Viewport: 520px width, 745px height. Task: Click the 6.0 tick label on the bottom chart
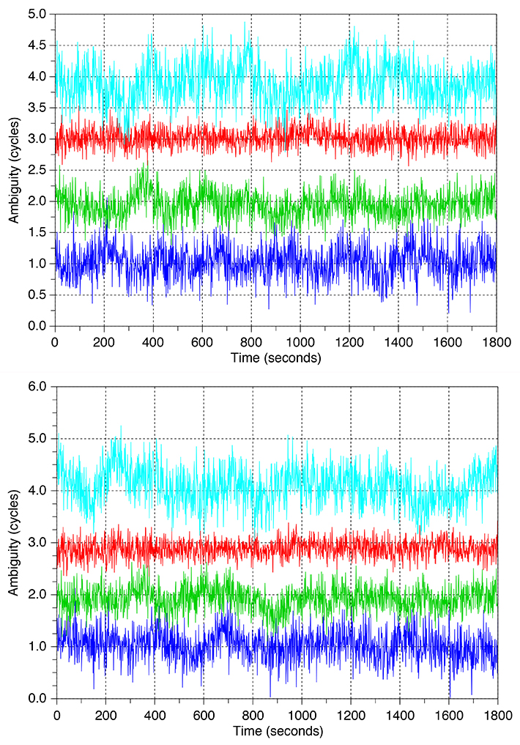click(x=38, y=386)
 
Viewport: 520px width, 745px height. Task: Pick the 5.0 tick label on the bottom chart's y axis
click(x=38, y=438)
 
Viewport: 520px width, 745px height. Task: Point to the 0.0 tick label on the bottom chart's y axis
click(x=38, y=698)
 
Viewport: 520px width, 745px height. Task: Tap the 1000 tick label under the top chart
click(x=300, y=341)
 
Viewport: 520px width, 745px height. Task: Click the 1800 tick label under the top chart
click(x=495, y=341)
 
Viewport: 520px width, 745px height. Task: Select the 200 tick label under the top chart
click(x=104, y=341)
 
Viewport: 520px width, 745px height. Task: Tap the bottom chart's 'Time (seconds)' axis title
click(x=277, y=730)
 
